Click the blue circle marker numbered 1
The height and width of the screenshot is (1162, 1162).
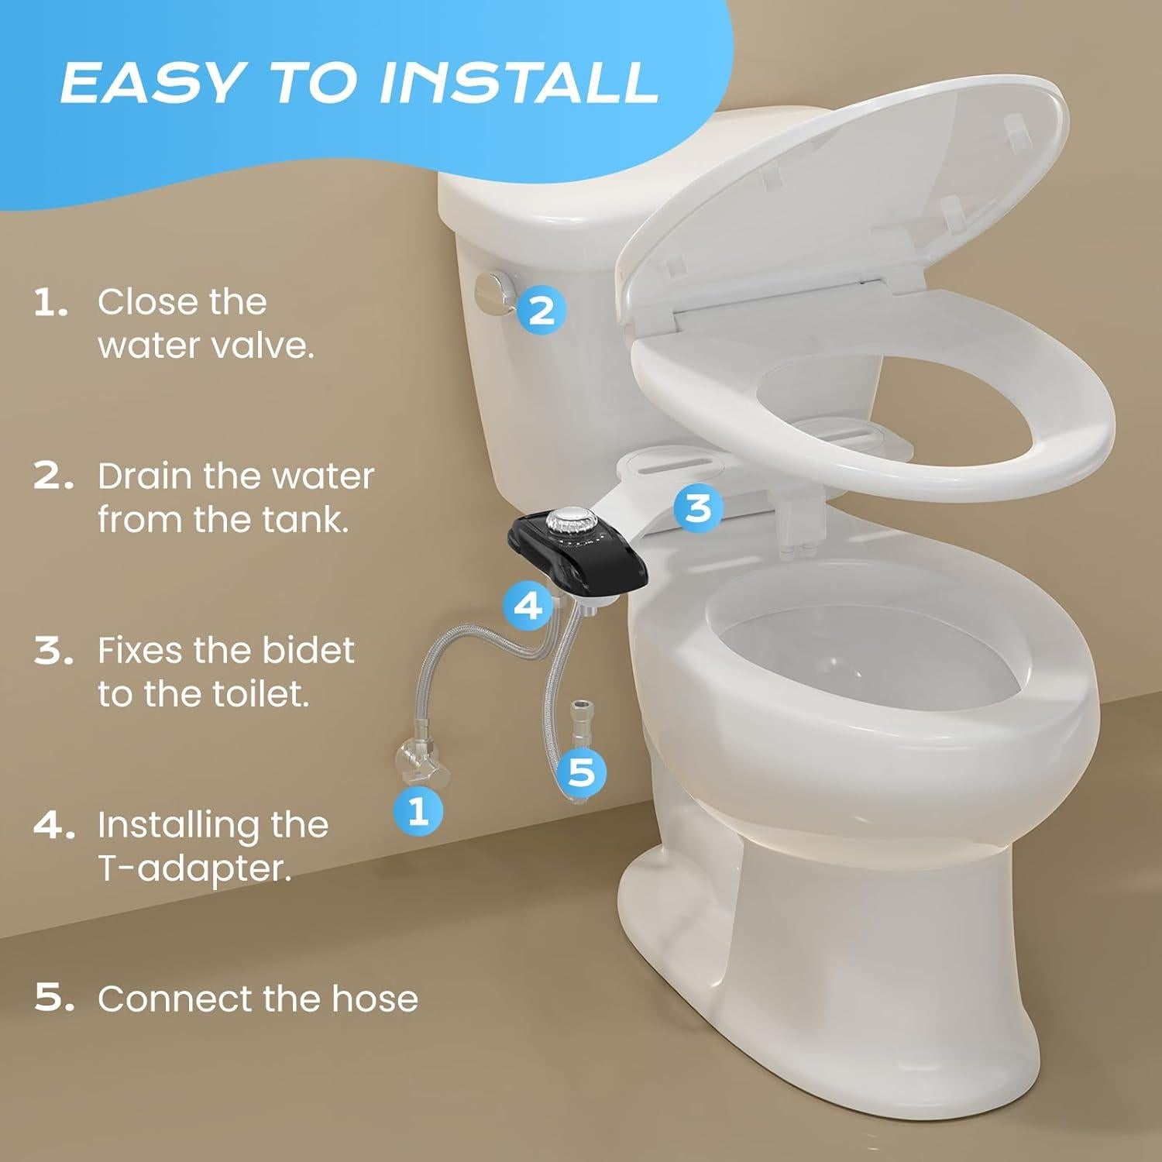click(x=418, y=810)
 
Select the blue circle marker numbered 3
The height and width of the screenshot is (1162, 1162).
click(x=698, y=508)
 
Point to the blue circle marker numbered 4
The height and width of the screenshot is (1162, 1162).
click(x=528, y=605)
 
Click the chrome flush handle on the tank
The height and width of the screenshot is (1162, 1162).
click(x=493, y=294)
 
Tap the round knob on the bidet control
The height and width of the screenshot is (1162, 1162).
click(x=569, y=520)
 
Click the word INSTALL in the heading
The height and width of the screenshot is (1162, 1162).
click(x=517, y=83)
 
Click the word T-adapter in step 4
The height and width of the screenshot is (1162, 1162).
click(x=194, y=868)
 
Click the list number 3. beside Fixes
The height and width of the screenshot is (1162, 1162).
click(x=53, y=651)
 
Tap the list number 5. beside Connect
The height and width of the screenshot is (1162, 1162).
click(x=53, y=999)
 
